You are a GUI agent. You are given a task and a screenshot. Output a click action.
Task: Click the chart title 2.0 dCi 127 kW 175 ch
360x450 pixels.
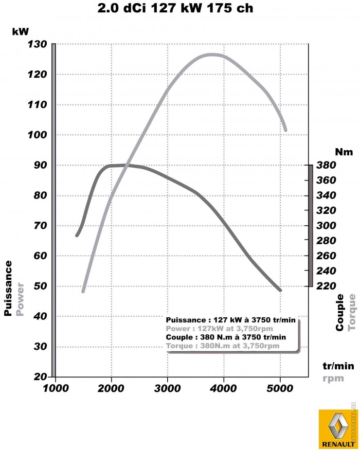(175, 8)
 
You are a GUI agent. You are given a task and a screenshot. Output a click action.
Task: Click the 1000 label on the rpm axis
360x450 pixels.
(55, 388)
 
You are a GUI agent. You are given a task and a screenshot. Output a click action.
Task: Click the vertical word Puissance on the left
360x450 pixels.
(9, 288)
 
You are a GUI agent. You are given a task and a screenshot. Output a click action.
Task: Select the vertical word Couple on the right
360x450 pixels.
(340, 313)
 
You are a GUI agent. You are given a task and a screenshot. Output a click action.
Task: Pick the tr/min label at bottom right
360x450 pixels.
(338, 366)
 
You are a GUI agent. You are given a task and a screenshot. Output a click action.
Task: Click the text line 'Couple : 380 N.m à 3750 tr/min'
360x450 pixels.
(225, 337)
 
